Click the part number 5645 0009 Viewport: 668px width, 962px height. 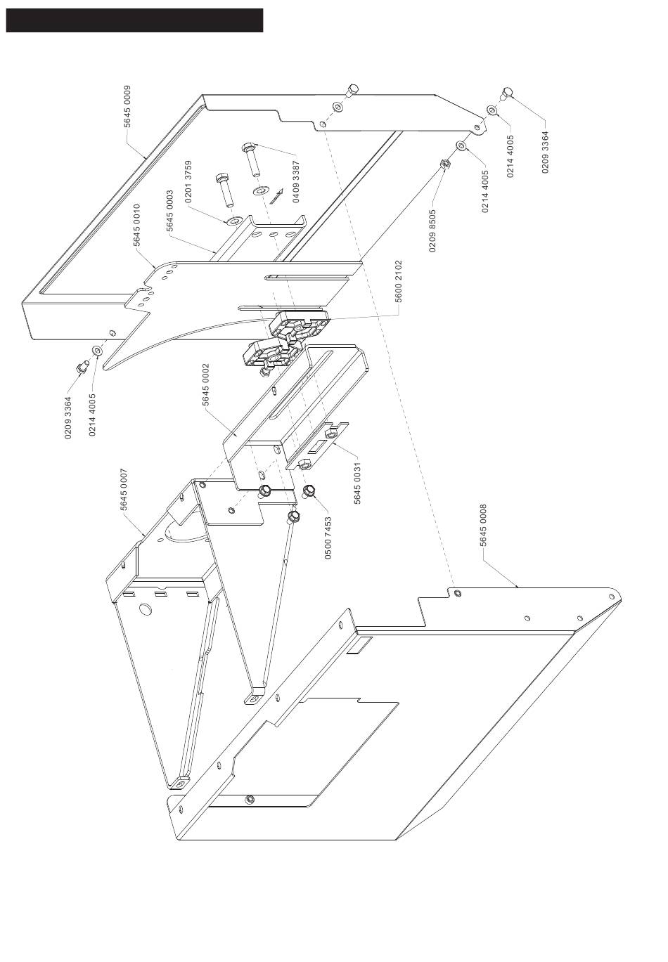pos(127,107)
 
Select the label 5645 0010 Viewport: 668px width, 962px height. pos(137,225)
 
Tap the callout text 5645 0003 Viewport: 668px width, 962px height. pos(169,211)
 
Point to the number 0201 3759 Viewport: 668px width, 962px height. pos(188,182)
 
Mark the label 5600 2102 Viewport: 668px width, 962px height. pos(398,281)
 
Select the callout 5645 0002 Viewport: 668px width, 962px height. pos(206,385)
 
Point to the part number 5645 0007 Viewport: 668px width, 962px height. pos(124,490)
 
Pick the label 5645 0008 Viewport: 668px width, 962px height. pos(482,526)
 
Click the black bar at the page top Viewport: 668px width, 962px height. pos(134,20)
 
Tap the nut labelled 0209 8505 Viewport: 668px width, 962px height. pos(444,165)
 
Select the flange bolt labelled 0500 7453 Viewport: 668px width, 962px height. pos(309,491)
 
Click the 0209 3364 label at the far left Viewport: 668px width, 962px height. pos(68,419)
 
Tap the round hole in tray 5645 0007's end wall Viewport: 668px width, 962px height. pos(145,609)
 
